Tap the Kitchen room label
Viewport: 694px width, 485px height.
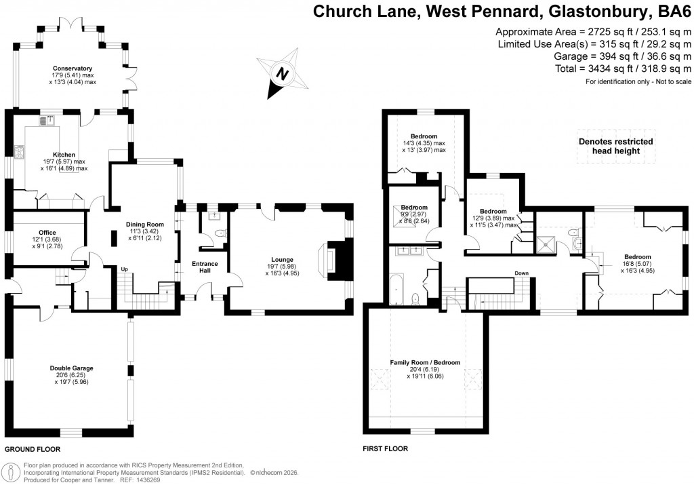64,155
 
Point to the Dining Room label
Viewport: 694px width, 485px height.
145,225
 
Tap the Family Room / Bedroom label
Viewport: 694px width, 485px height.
425,362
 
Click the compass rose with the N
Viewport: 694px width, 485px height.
283,72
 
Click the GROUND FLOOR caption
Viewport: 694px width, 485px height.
33,450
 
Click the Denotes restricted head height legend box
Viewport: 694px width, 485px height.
615,146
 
